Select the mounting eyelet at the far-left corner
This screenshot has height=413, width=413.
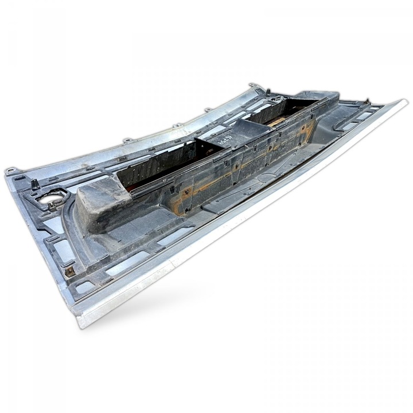pyautogui.click(x=10, y=170)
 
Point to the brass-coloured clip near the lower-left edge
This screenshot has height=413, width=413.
pyautogui.click(x=70, y=270)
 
